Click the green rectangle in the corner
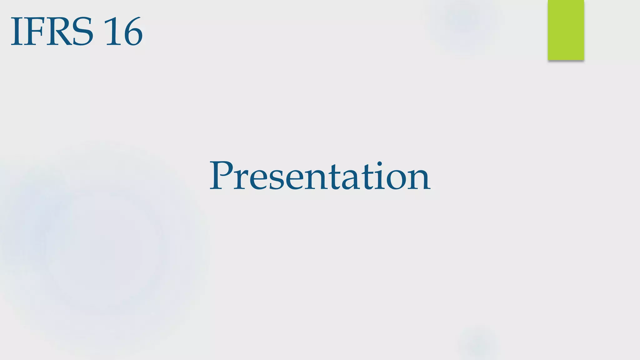pos(566,30)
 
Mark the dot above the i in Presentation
pos(379,164)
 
